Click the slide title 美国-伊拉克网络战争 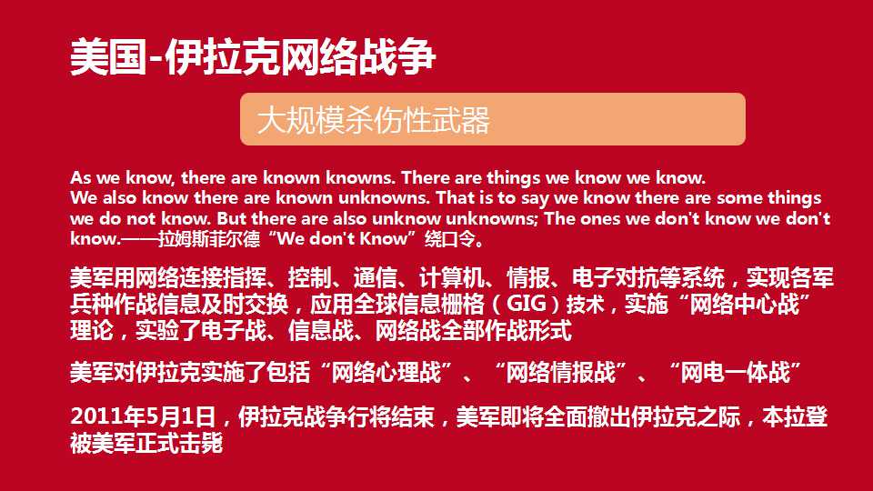point(253,56)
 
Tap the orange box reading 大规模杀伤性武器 point(493,119)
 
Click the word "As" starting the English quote point(81,177)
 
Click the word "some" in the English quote point(739,198)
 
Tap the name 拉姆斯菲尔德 point(209,239)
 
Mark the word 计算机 point(452,278)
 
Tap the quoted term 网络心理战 point(386,372)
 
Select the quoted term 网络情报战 point(561,372)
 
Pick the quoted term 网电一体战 point(736,372)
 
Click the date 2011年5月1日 point(143,416)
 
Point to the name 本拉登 point(795,416)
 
